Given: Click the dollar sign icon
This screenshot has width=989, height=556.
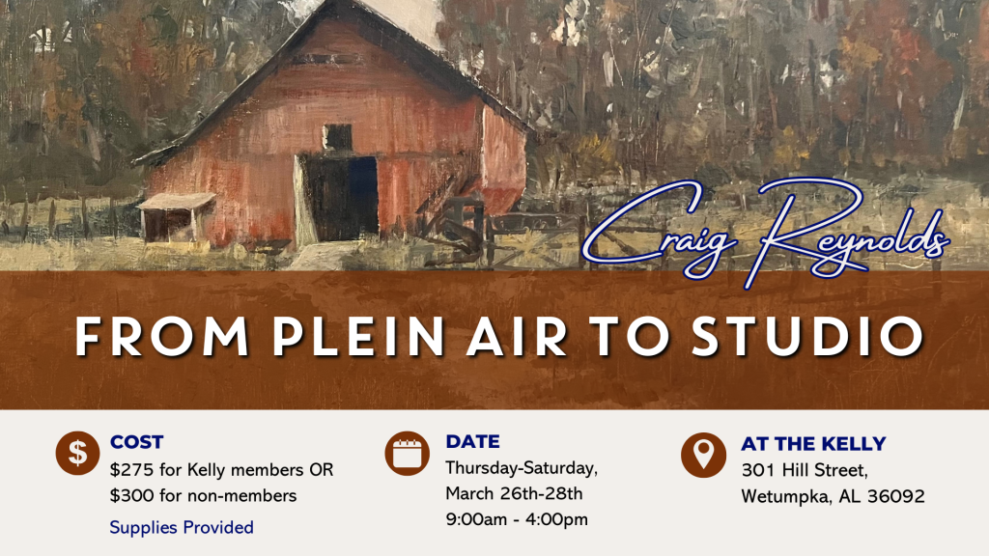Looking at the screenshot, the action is (x=77, y=454).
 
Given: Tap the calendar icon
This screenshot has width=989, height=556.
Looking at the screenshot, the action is (x=407, y=454).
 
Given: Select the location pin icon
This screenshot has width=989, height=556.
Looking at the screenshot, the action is (x=703, y=456).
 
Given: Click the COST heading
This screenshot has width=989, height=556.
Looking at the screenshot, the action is (x=137, y=442).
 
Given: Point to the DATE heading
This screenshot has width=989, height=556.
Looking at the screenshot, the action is (x=472, y=441).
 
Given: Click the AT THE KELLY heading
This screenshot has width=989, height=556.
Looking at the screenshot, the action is (x=813, y=444).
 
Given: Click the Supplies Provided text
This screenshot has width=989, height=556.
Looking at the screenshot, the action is (x=182, y=527).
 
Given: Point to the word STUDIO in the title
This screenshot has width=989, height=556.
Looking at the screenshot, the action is (x=806, y=336).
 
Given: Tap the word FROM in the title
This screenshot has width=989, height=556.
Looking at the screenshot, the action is (x=162, y=336).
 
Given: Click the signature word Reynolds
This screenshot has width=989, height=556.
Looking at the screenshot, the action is (x=848, y=230).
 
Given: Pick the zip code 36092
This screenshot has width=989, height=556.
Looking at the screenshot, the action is (x=896, y=496).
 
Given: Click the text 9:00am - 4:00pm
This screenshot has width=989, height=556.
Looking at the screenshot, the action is (x=517, y=519).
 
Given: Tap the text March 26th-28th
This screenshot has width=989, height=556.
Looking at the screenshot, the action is (x=514, y=493).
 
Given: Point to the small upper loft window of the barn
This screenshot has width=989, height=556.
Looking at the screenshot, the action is (x=337, y=137).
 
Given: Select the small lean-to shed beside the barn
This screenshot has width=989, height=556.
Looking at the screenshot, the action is (x=176, y=217).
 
